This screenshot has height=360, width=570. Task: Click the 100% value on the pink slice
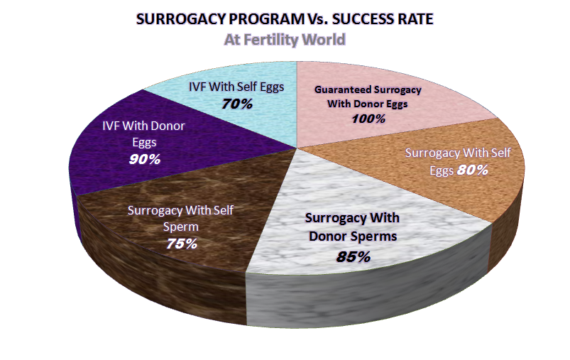coord(368,119)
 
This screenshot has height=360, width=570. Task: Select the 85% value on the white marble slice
coord(353,256)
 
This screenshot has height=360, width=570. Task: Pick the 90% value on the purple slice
coord(145,159)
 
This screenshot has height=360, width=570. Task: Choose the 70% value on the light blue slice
coord(236,104)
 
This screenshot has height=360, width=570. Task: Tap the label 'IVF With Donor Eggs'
coord(144,134)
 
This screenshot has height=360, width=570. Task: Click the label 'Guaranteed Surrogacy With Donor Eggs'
coord(368,97)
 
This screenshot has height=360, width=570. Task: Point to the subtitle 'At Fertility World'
coord(285,40)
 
